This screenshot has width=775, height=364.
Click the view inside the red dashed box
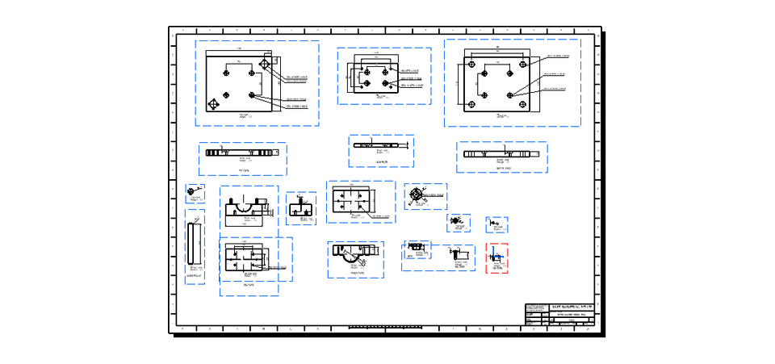[x=497, y=258]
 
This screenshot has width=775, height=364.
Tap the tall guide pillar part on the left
[x=194, y=241]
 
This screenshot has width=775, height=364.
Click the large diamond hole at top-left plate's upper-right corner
[x=265, y=65]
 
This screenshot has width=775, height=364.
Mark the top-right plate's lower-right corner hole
[x=523, y=103]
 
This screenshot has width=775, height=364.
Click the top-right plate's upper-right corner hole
[x=523, y=64]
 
